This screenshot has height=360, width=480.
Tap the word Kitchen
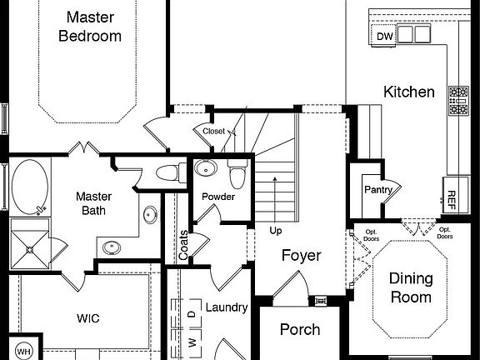point(408,92)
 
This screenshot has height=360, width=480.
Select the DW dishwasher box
point(383,36)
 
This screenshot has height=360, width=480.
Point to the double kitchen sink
point(414,34)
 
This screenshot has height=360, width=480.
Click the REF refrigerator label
point(451,199)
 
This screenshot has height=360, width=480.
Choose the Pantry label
point(377,190)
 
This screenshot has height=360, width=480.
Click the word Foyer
point(300,256)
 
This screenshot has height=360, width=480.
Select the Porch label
point(299,329)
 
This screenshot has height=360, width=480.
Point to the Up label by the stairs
point(275,229)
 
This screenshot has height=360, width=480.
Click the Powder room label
point(218,197)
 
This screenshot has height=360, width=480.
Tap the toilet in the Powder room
point(237,176)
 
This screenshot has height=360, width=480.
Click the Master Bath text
point(93,203)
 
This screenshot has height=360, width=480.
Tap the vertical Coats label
point(183,244)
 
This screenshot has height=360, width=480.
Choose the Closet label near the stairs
point(212,131)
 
